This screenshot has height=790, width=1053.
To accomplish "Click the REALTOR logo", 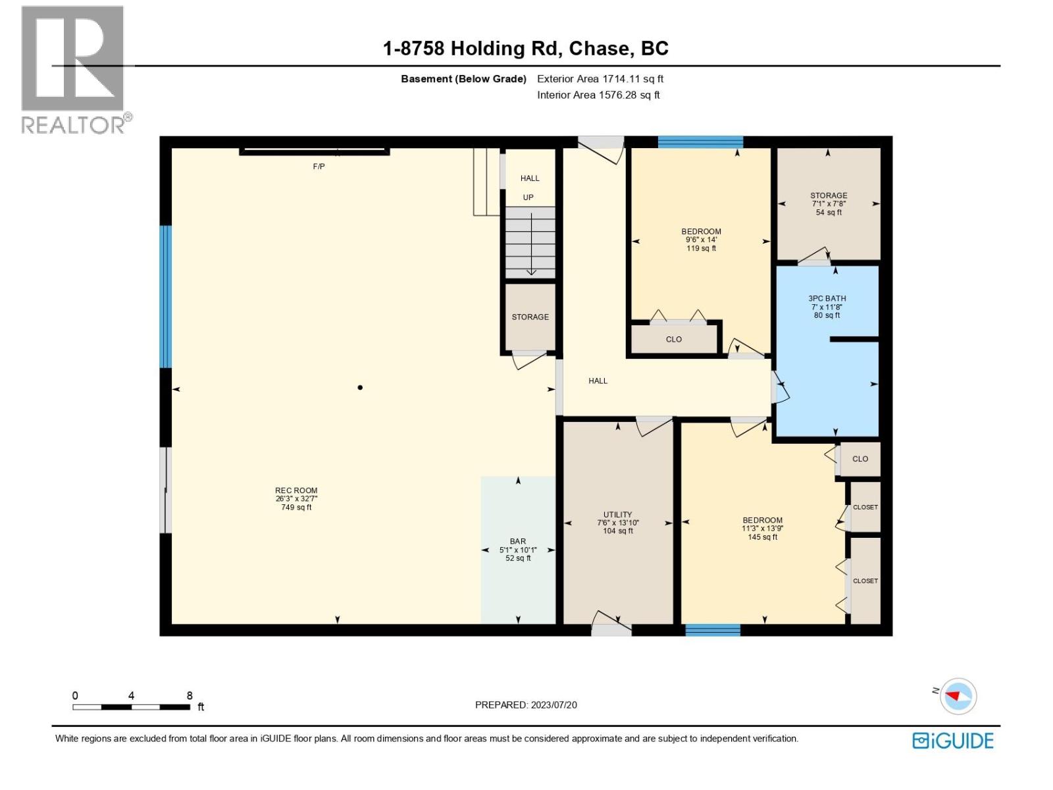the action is pyautogui.click(x=75, y=70).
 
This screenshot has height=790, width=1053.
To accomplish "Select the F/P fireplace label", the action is pyautogui.click(x=319, y=167).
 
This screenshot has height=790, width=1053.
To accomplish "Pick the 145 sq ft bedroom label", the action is pyautogui.click(x=762, y=528).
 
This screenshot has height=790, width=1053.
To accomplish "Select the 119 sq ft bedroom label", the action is pyautogui.click(x=701, y=240).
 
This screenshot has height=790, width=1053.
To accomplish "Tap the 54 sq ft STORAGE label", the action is pyautogui.click(x=829, y=203).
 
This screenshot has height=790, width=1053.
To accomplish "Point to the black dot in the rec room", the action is pyautogui.click(x=360, y=387).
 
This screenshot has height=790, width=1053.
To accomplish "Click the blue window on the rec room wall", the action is pyautogui.click(x=165, y=296).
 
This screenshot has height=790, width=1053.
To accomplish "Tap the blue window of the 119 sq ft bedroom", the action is pyautogui.click(x=700, y=142).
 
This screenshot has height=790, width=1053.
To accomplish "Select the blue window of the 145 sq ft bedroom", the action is pyautogui.click(x=712, y=630).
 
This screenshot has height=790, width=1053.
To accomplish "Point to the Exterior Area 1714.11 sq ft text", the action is pyautogui.click(x=600, y=78).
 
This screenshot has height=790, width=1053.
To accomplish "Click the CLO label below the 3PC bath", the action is pyautogui.click(x=860, y=459).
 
